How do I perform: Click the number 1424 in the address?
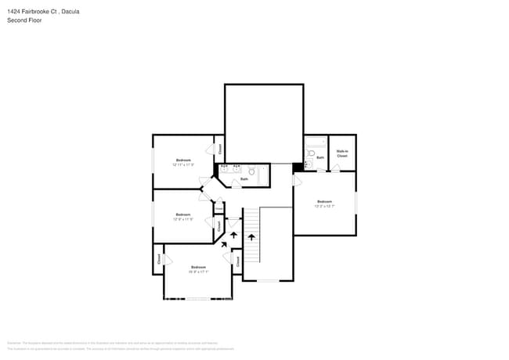15,12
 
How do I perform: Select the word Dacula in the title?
69,12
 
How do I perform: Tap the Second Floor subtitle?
23,21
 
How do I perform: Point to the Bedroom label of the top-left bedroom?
182,160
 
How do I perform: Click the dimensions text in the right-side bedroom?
324,207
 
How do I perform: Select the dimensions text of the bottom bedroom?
198,272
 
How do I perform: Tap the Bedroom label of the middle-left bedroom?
182,214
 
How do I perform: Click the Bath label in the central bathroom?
244,179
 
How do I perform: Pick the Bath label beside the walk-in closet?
320,157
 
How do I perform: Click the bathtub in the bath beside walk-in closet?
315,141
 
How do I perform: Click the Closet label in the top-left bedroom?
220,148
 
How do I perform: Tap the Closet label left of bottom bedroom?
159,259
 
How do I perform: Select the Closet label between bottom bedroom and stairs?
237,262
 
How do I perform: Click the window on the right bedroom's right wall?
356,202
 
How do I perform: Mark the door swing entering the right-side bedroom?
298,180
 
